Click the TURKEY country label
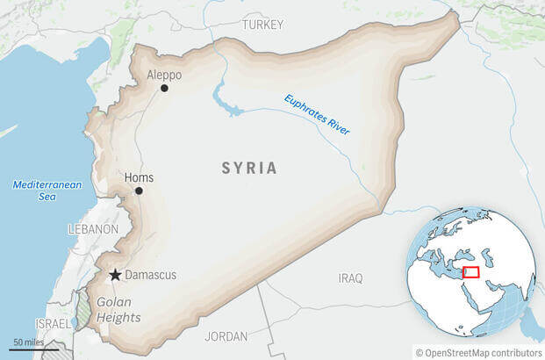(262, 24)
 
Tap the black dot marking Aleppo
(164, 88)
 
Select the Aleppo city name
(165, 74)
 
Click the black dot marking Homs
(138, 191)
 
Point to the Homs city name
(140, 176)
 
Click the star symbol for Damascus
(114, 275)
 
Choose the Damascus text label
(150, 275)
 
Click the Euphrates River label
(317, 114)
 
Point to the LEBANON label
(92, 228)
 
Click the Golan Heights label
(116, 309)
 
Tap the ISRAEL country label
(54, 323)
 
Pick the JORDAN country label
(226, 336)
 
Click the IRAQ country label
(350, 277)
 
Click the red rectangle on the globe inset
(471, 272)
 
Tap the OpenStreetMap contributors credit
(479, 353)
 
